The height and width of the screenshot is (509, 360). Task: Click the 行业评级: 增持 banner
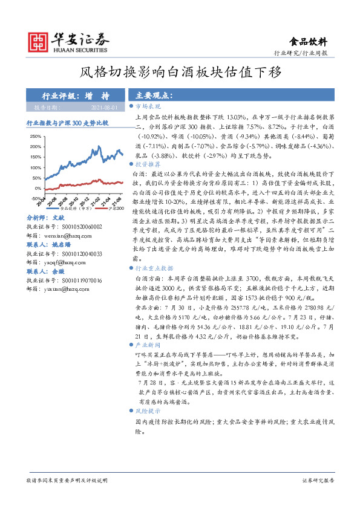point(76,96)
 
